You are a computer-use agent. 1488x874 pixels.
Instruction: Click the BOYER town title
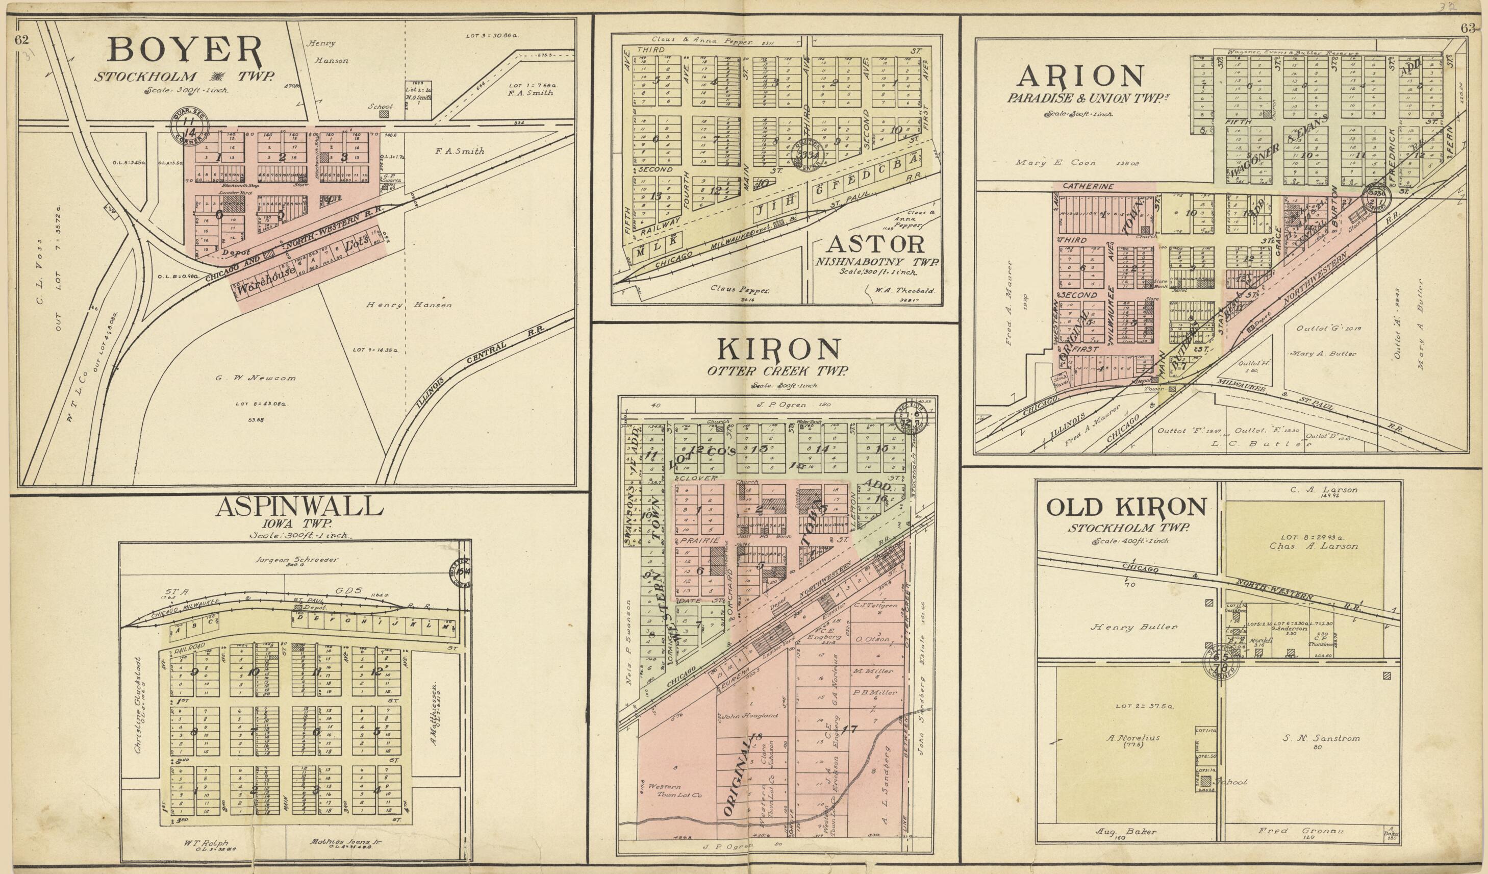(x=184, y=51)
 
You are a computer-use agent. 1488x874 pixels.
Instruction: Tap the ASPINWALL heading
(x=299, y=507)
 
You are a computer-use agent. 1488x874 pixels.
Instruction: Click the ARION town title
(x=1080, y=77)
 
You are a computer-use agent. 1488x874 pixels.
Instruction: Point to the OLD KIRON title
(x=1126, y=507)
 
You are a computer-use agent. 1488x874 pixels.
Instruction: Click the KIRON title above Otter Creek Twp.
(x=778, y=351)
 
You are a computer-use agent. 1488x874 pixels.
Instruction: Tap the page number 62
(x=22, y=40)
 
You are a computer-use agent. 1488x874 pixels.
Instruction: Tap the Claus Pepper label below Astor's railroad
(x=735, y=290)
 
